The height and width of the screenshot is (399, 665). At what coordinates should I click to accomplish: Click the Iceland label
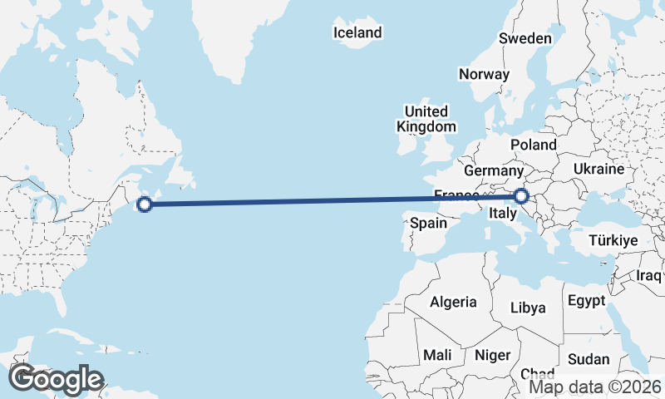pyautogui.click(x=357, y=33)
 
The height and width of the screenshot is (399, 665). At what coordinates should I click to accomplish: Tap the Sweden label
pyautogui.click(x=525, y=38)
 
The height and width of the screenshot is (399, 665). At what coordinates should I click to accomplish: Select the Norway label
pyautogui.click(x=484, y=74)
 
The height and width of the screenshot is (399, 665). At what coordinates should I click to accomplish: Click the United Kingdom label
pyautogui.click(x=426, y=119)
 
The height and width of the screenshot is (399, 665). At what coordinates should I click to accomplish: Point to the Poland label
pyautogui.click(x=534, y=145)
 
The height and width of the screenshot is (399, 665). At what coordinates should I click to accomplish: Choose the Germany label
pyautogui.click(x=492, y=170)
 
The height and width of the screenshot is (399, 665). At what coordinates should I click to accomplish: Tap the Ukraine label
pyautogui.click(x=598, y=169)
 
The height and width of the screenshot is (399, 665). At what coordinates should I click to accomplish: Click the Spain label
pyautogui.click(x=429, y=223)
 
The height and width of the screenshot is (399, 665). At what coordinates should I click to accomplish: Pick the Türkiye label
pyautogui.click(x=613, y=240)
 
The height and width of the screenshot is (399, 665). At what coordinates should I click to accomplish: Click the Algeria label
pyautogui.click(x=453, y=303)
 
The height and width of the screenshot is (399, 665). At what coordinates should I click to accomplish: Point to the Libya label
pyautogui.click(x=529, y=308)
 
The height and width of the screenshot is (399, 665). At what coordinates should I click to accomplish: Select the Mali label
pyautogui.click(x=437, y=355)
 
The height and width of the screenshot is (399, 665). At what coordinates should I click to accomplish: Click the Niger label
pyautogui.click(x=491, y=355)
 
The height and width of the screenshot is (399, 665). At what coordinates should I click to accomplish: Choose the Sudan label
pyautogui.click(x=589, y=360)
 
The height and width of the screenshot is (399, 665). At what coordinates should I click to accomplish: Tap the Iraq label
pyautogui.click(x=648, y=275)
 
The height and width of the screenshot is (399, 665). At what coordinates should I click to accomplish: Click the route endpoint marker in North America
pyautogui.click(x=145, y=204)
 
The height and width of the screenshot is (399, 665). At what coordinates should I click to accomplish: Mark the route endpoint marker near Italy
pyautogui.click(x=521, y=196)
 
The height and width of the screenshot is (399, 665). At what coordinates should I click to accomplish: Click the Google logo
pyautogui.click(x=57, y=378)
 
